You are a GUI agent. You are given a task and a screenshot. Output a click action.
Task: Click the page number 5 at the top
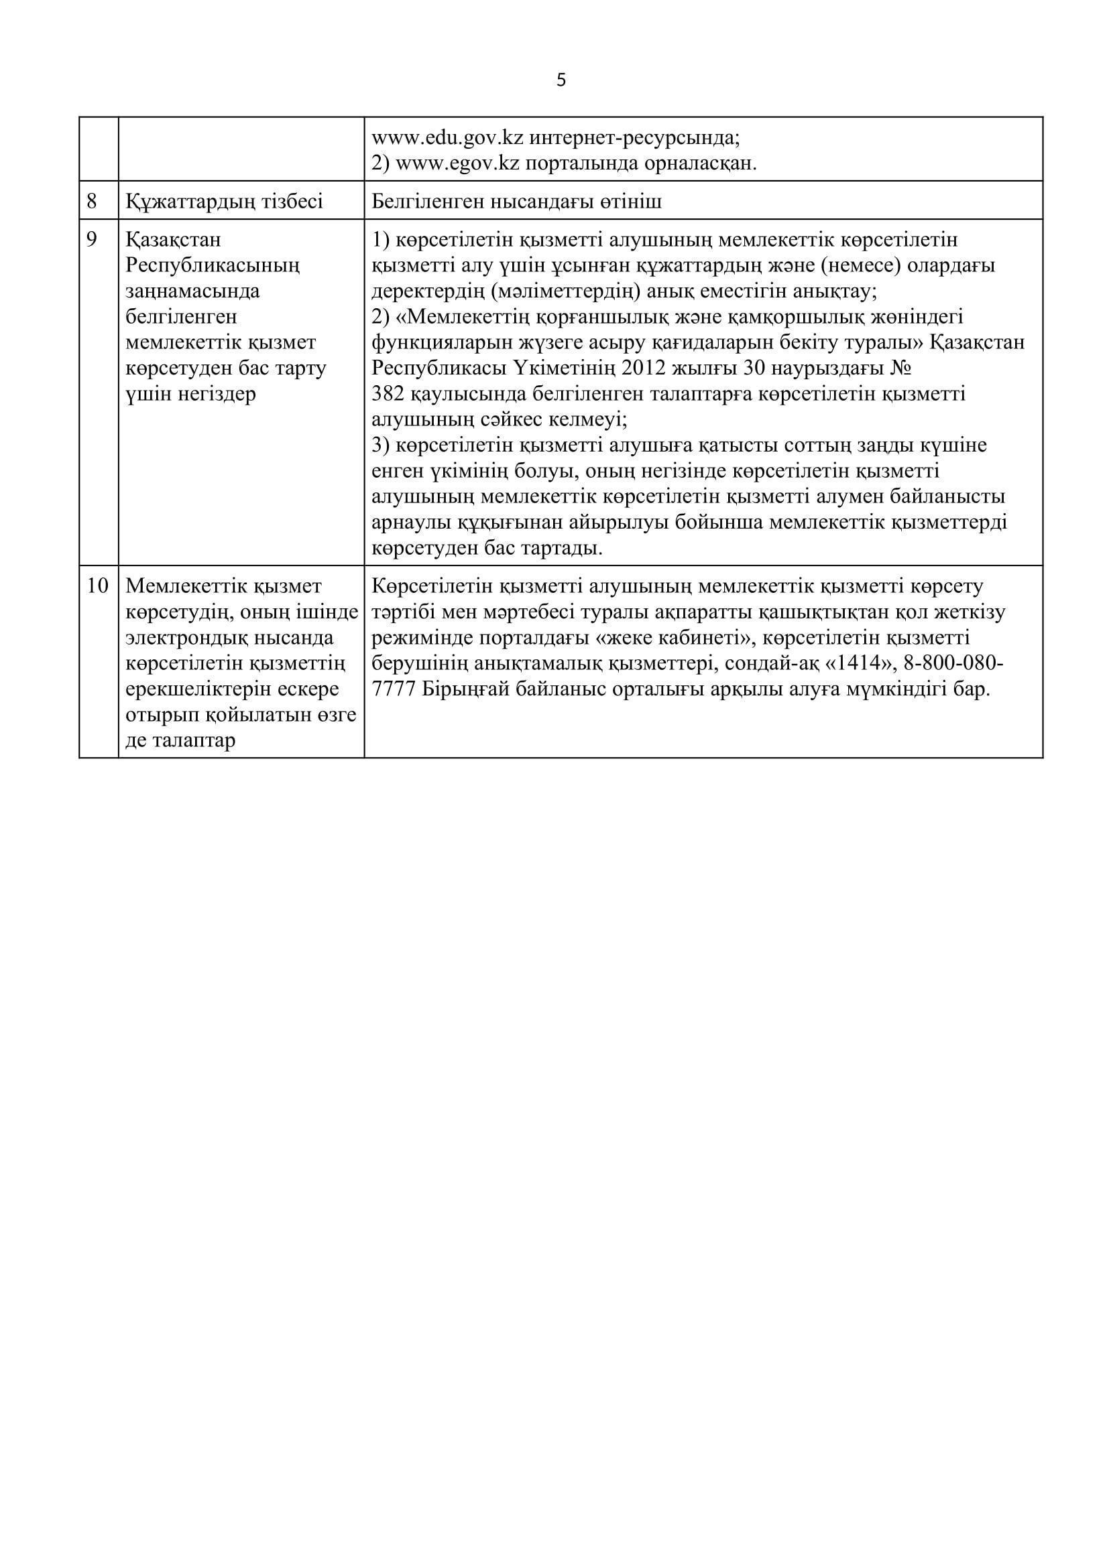point(561,80)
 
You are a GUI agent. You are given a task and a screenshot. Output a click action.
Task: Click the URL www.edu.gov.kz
point(447,138)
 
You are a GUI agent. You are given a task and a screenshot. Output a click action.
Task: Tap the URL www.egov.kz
point(457,163)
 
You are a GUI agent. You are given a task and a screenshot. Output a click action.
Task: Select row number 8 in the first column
point(92,202)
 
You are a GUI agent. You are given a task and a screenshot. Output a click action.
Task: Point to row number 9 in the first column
point(92,240)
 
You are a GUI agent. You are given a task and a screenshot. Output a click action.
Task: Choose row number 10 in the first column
point(98,586)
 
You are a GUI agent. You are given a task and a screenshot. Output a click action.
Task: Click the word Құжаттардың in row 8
point(186,202)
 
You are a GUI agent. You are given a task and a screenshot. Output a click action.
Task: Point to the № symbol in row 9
point(900,368)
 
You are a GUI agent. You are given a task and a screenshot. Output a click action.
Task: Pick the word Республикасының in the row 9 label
point(213,265)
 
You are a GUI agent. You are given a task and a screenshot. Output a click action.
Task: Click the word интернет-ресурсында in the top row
point(634,138)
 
